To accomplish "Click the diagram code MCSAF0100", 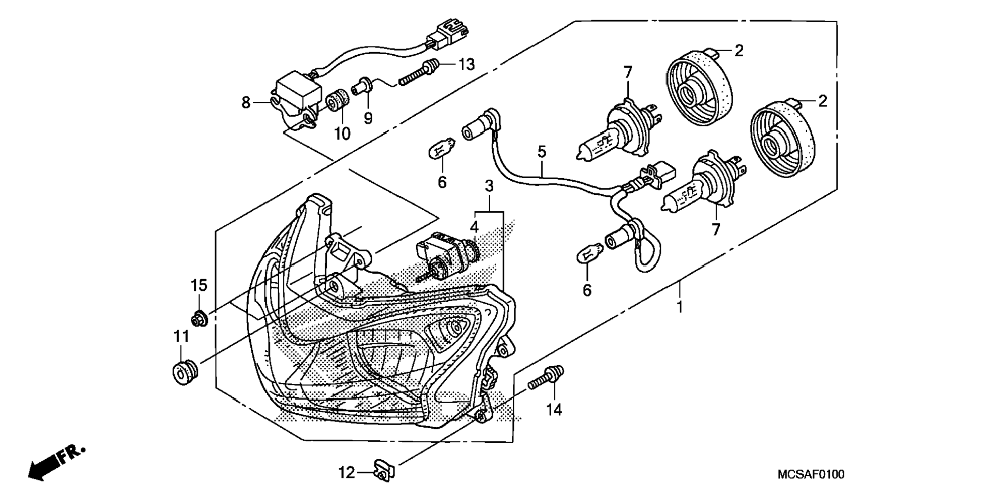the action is pyautogui.click(x=811, y=474).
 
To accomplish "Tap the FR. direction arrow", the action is pyautogui.click(x=55, y=462).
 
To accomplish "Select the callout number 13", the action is pyautogui.click(x=466, y=65).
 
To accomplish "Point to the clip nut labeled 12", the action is pyautogui.click(x=384, y=471).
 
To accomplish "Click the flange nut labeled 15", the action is pyautogui.click(x=200, y=318).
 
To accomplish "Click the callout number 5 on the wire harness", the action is pyautogui.click(x=541, y=152).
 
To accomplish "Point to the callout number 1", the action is pyautogui.click(x=680, y=307).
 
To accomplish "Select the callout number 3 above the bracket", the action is pyautogui.click(x=489, y=186).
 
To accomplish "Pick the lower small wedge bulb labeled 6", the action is pyautogui.click(x=589, y=254).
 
